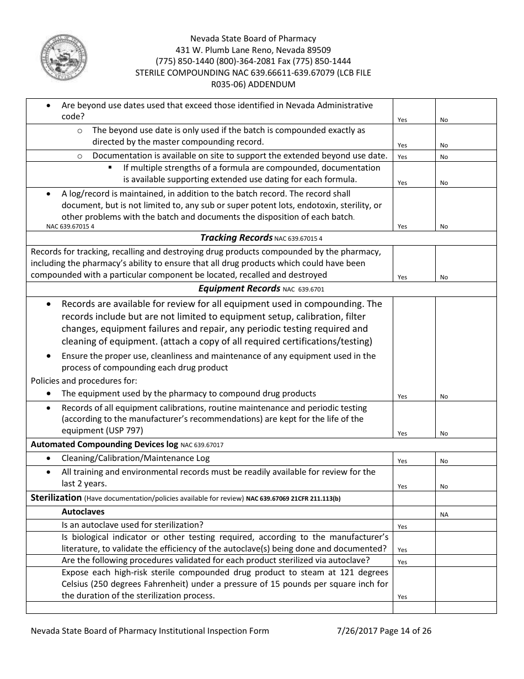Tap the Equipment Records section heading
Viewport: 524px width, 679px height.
coord(239,289)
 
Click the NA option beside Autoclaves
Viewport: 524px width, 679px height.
coord(444,514)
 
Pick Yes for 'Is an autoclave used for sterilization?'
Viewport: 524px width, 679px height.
coord(402,527)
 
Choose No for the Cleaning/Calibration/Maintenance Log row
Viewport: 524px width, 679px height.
coord(444,461)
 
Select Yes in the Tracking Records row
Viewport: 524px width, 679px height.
coord(402,277)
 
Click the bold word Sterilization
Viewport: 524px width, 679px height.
coord(56,497)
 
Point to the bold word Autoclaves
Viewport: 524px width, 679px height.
coord(83,512)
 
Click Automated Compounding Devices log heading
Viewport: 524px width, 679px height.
coord(104,444)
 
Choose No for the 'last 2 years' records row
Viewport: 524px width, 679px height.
coord(444,486)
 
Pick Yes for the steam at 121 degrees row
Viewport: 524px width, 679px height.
coord(402,597)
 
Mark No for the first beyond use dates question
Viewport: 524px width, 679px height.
coord(444,120)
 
